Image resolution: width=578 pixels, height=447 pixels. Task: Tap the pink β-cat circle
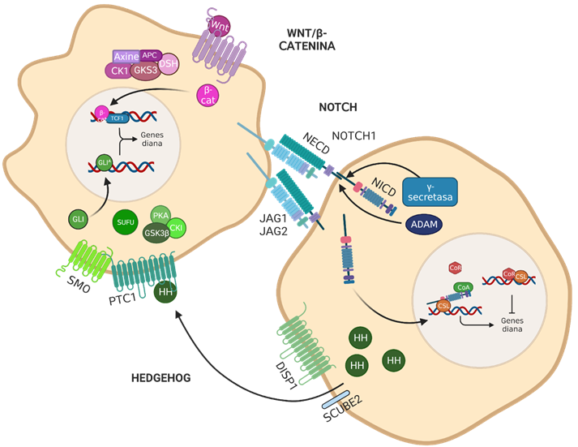[x=210, y=97]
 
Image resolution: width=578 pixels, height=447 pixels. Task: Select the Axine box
[x=126, y=57]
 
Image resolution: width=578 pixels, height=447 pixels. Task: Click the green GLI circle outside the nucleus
[x=79, y=219]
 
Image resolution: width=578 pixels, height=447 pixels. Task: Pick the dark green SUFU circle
[x=126, y=221]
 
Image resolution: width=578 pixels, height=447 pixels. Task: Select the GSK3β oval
[x=156, y=233]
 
